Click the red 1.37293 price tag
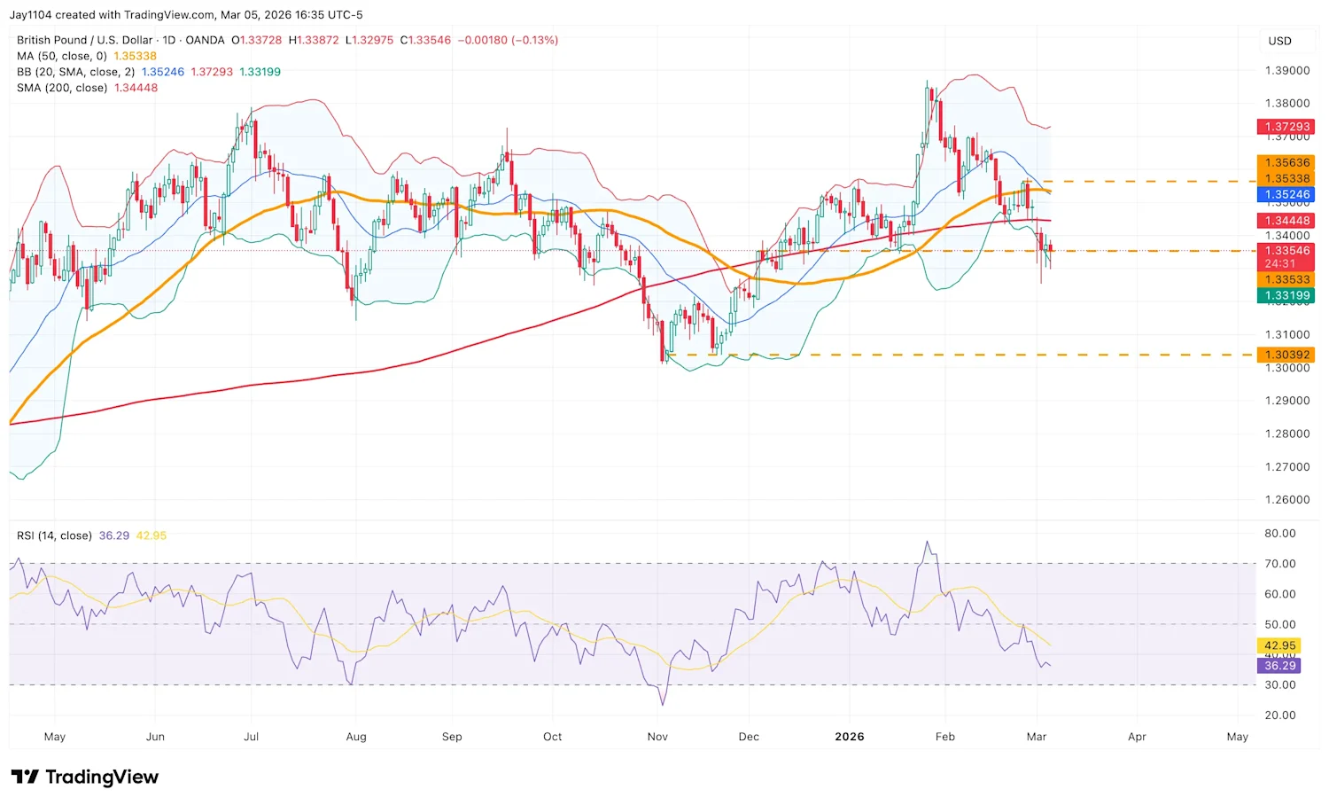pyautogui.click(x=1286, y=127)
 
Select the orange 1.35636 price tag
pyautogui.click(x=1286, y=162)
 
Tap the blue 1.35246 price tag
pyautogui.click(x=1286, y=194)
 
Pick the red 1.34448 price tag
pyautogui.click(x=1286, y=221)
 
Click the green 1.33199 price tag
pyautogui.click(x=1286, y=295)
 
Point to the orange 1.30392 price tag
pyautogui.click(x=1286, y=355)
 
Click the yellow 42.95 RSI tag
pyautogui.click(x=1279, y=646)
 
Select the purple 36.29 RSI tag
pyautogui.click(x=1279, y=666)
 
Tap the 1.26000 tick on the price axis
pyautogui.click(x=1286, y=500)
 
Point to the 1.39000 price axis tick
pyautogui.click(x=1286, y=71)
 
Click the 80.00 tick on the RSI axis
pyautogui.click(x=1279, y=534)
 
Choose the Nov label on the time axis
pyautogui.click(x=657, y=737)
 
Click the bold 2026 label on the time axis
pyautogui.click(x=849, y=737)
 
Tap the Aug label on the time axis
pyautogui.click(x=356, y=737)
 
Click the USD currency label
pyautogui.click(x=1279, y=41)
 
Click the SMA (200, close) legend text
pyautogui.click(x=62, y=88)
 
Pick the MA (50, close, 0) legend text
pyautogui.click(x=62, y=56)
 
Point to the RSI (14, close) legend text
pyautogui.click(x=54, y=535)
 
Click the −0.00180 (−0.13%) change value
pyautogui.click(x=508, y=40)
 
